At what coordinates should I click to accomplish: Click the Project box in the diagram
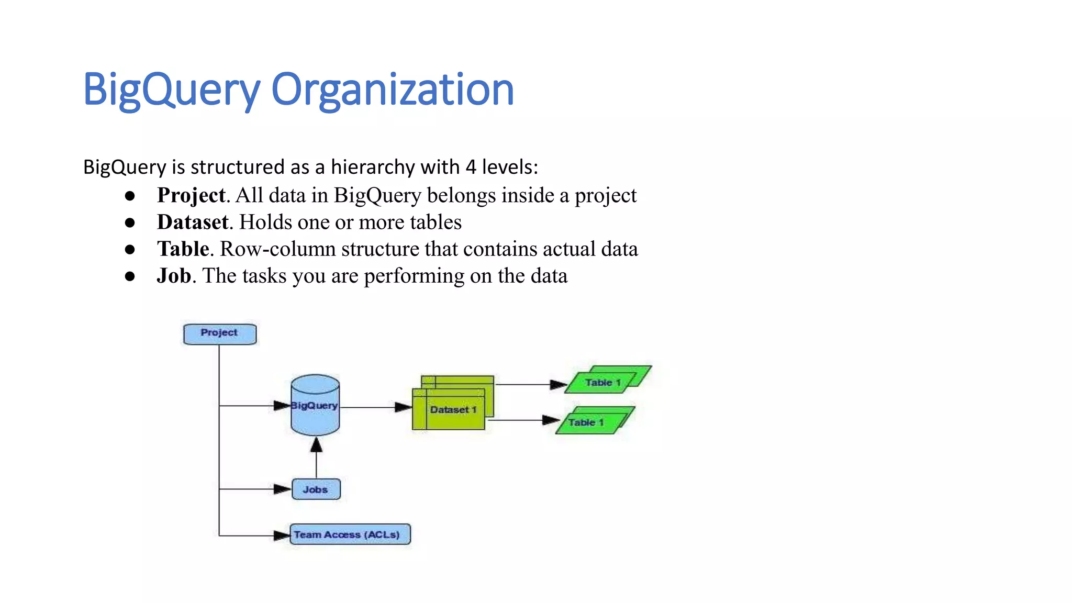pyautogui.click(x=220, y=334)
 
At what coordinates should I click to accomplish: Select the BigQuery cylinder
pyautogui.click(x=315, y=406)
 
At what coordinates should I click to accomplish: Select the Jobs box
pyautogui.click(x=316, y=489)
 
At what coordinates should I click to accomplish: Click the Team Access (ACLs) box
pyautogui.click(x=350, y=534)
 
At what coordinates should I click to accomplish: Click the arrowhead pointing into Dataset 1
pyautogui.click(x=403, y=407)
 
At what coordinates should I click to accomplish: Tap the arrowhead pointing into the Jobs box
pyautogui.click(x=282, y=489)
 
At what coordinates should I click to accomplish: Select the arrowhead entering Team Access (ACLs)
pyautogui.click(x=282, y=535)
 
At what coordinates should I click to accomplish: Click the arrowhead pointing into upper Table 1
pyautogui.click(x=559, y=385)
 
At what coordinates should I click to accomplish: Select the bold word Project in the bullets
pyautogui.click(x=191, y=195)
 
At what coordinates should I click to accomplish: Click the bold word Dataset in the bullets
pyautogui.click(x=193, y=222)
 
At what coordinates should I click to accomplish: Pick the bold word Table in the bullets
pyautogui.click(x=183, y=249)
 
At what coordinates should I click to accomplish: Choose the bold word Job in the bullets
pyautogui.click(x=174, y=276)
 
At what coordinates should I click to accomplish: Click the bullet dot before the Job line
pyautogui.click(x=130, y=276)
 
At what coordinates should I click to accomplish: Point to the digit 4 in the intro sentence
pyautogui.click(x=471, y=167)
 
